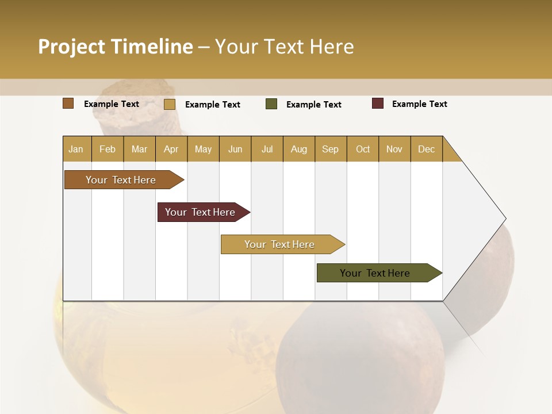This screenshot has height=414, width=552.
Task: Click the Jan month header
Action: click(x=76, y=149)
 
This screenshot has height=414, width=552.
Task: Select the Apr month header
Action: click(x=171, y=149)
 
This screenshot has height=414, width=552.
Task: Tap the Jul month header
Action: click(x=267, y=149)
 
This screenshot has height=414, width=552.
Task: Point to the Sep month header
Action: click(x=330, y=149)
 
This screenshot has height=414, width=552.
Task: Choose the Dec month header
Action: click(x=426, y=149)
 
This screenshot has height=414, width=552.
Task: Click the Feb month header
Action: click(x=108, y=149)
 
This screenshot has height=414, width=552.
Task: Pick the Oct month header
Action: click(x=363, y=149)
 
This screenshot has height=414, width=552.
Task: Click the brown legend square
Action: click(x=68, y=103)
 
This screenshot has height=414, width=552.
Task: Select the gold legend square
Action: click(x=170, y=104)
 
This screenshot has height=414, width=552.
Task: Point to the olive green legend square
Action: click(x=271, y=104)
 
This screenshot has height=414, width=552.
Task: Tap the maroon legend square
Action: click(x=378, y=103)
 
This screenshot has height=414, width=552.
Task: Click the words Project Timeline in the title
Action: click(x=115, y=47)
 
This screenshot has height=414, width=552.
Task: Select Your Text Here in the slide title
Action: click(x=284, y=47)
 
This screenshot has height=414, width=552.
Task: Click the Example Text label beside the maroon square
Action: click(x=419, y=104)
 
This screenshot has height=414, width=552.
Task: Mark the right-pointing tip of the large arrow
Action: click(x=505, y=218)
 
